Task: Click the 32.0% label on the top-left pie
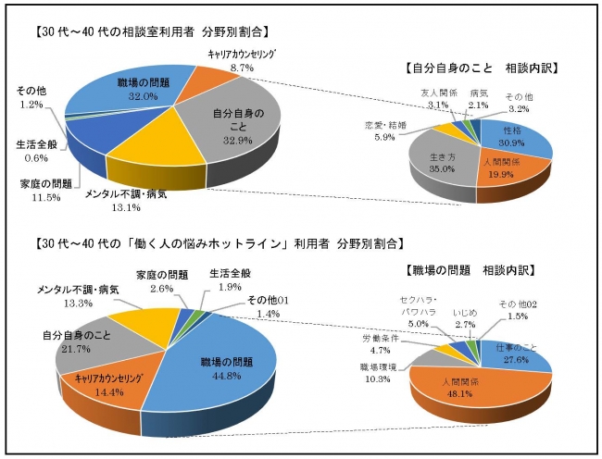point(142,94)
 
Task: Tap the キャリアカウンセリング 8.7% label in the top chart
point(243,61)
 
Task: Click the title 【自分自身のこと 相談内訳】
point(487,68)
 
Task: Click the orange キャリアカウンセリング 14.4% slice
point(104,386)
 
